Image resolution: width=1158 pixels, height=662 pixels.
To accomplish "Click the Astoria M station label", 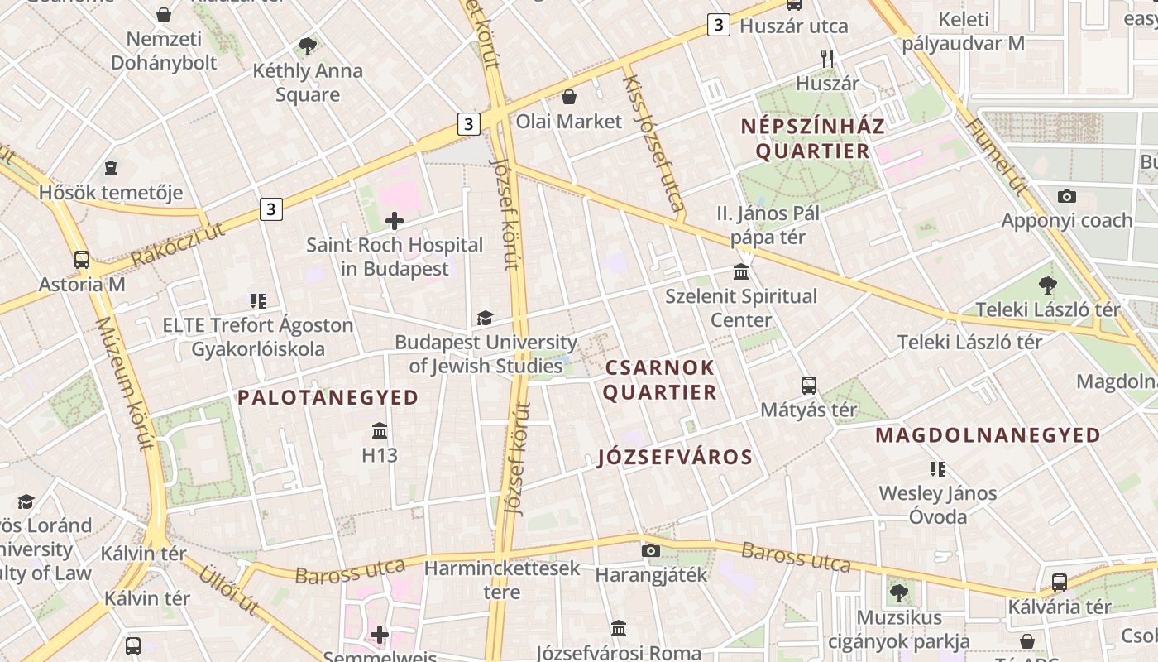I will tap(82, 284).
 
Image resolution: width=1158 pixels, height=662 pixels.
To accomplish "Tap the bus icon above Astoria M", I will tap(82, 260).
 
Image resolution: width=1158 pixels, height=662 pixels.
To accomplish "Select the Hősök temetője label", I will tap(111, 193).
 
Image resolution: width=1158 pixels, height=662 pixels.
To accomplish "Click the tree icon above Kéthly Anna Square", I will tap(308, 46).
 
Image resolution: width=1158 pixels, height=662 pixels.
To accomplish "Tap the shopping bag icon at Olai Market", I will tap(569, 98).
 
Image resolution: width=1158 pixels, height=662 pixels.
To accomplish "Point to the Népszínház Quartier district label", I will tap(812, 138).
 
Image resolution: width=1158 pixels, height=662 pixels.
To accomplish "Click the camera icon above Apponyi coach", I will tap(1067, 196).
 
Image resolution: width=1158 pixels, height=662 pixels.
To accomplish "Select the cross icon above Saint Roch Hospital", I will tap(395, 220).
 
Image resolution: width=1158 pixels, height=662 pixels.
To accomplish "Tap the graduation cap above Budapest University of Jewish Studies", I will tap(485, 319).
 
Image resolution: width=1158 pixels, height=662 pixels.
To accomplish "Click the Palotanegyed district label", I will tap(328, 398).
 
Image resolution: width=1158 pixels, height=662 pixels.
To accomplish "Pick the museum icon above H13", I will tap(380, 431).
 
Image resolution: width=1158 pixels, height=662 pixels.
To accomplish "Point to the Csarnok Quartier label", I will tap(659, 380).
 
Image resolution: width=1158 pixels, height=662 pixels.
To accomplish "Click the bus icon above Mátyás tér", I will tap(809, 385).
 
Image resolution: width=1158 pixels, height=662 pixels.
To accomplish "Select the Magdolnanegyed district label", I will tap(988, 435).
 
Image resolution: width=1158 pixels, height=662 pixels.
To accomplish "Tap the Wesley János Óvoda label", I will tap(938, 505).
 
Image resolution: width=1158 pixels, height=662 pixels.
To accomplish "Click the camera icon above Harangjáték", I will tap(651, 550).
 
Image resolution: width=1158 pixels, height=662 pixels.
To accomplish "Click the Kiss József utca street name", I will tap(653, 142).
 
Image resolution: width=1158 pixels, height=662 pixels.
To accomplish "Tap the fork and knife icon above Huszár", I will tap(827, 59).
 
